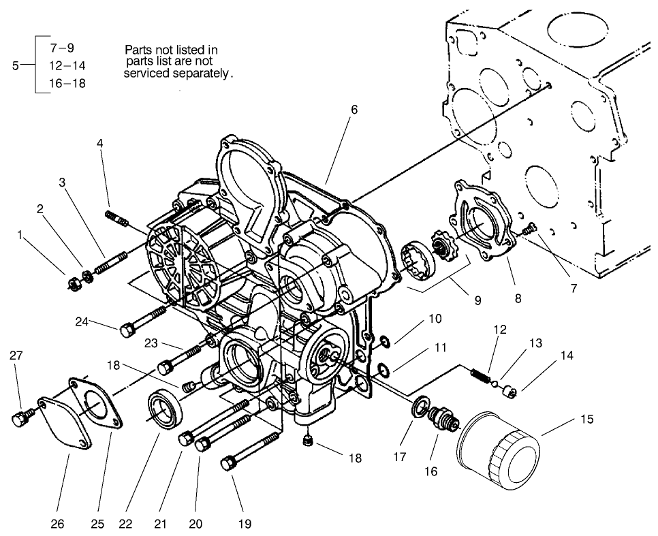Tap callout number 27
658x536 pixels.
click(16, 355)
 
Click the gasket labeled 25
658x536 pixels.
click(98, 406)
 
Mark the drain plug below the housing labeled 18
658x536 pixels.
click(307, 443)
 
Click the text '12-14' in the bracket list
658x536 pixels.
click(67, 65)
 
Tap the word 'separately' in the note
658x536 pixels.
click(201, 72)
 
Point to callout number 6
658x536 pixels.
click(354, 110)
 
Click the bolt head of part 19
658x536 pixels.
click(228, 464)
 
